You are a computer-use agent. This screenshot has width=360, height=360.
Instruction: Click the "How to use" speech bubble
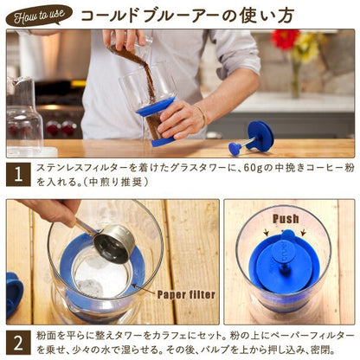coord(38,16)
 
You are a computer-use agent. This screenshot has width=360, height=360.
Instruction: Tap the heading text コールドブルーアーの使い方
coord(188,16)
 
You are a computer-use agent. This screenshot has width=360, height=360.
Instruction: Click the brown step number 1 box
coord(18,175)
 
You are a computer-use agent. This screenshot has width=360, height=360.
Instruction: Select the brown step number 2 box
coord(18,343)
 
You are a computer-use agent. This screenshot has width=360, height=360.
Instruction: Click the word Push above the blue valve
coord(286,219)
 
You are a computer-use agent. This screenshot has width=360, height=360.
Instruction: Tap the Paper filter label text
coord(186,294)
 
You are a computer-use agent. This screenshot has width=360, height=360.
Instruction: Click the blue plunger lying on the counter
coord(252,138)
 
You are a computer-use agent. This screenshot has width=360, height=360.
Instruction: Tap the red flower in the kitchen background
coord(284,39)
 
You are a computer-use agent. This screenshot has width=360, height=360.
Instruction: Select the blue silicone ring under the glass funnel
coord(155,106)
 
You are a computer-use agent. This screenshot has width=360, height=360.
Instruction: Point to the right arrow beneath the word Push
coord(303,233)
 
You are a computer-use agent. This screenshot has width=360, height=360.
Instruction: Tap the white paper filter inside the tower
coord(100,276)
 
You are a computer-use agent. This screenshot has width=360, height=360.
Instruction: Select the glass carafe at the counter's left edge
coord(25,115)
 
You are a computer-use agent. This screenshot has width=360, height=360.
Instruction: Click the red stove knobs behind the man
coord(61,127)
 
